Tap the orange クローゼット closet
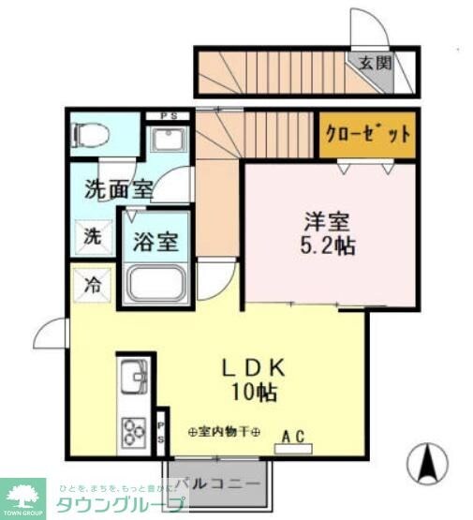(x=367, y=133)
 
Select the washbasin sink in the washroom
(x=168, y=141)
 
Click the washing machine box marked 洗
(x=93, y=236)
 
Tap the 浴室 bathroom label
(x=156, y=241)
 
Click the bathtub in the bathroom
(x=157, y=282)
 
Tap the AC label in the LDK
(x=292, y=436)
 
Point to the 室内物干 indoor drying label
(x=224, y=432)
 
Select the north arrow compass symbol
(x=426, y=461)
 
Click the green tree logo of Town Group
(x=26, y=494)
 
